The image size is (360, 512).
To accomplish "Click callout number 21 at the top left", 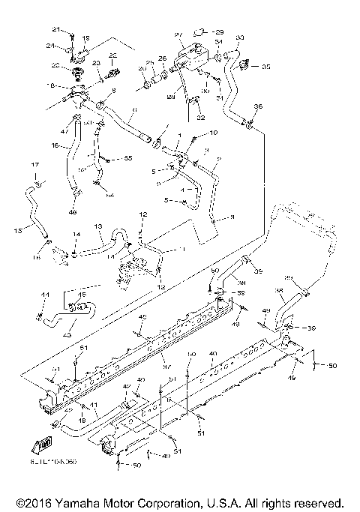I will tap(55, 28).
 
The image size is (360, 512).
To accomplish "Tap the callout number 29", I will tap(219, 32).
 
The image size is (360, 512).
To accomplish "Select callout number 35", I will tap(266, 66).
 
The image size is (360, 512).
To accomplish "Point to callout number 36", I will tap(259, 106).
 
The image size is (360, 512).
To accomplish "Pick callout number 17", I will tap(34, 164).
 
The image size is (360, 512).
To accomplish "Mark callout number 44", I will tap(44, 294).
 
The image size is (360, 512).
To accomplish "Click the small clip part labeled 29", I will tap(199, 31).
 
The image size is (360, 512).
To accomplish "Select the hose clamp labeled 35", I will tap(244, 67).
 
